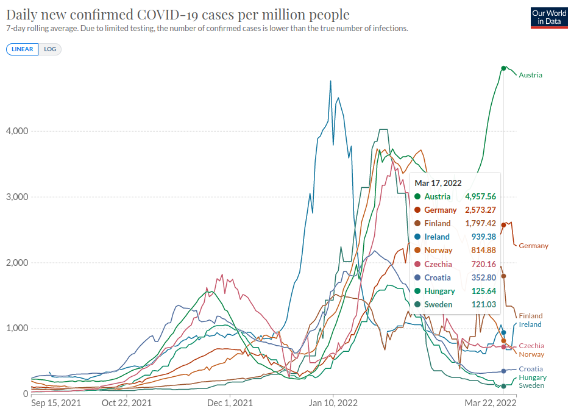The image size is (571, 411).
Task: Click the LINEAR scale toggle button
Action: (22, 49)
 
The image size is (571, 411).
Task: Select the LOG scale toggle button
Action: (50, 49)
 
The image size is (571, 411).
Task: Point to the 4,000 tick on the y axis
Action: (17, 131)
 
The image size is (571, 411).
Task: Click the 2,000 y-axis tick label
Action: (17, 263)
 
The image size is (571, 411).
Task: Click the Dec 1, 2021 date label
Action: (230, 403)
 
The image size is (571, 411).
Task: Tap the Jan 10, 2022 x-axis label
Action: (333, 403)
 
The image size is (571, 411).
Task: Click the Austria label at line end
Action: (530, 75)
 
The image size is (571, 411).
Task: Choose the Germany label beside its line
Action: (533, 246)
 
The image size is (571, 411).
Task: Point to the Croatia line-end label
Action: (530, 369)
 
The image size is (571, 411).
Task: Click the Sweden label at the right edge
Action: (531, 385)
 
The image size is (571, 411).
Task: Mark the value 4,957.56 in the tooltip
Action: (480, 196)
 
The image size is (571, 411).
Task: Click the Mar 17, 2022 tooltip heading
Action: (438, 183)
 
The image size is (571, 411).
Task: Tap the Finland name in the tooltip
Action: (437, 223)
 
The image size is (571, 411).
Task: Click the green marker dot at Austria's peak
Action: (503, 68)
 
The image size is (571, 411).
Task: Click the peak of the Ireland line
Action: (331, 80)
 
